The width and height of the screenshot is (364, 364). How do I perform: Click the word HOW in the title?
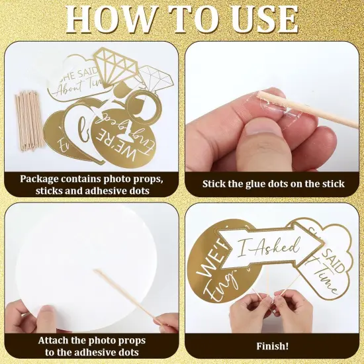(x=106, y=20)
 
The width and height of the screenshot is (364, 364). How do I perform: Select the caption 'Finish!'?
(x=273, y=345)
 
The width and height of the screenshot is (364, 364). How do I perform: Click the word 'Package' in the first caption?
(x=41, y=179)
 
